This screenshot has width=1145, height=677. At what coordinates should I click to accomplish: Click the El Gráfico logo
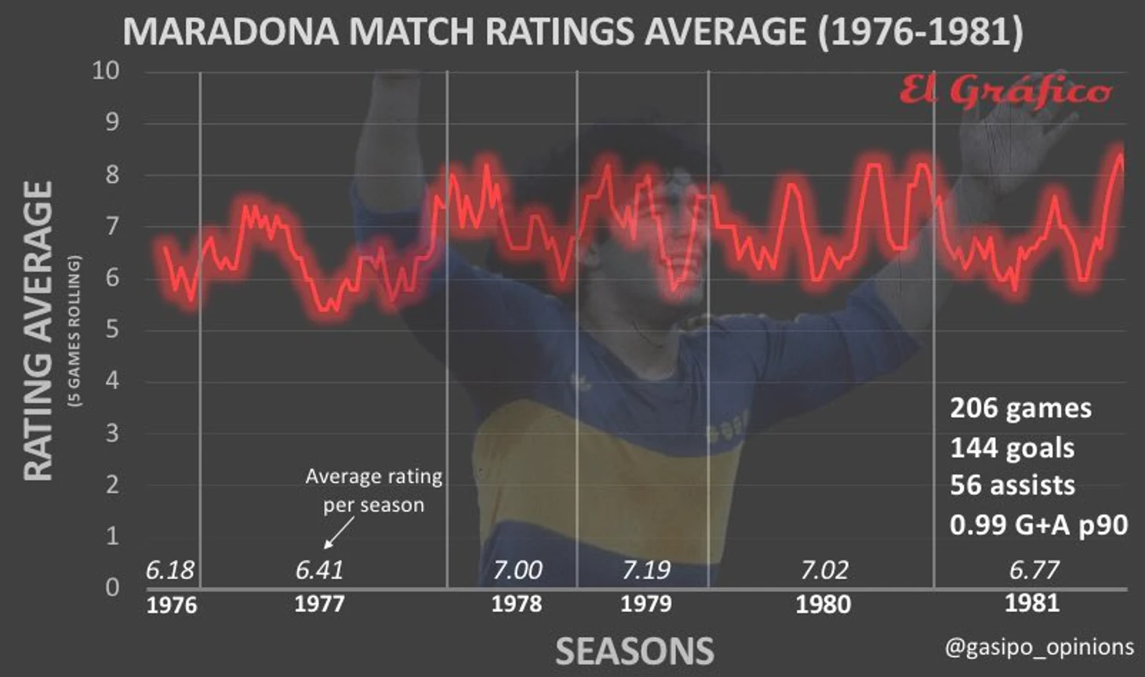coord(1005,93)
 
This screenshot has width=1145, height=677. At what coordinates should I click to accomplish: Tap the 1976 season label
coord(172,605)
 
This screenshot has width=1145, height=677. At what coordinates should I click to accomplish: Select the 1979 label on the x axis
coord(646,604)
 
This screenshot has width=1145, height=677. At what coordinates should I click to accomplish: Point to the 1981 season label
coord(1032,603)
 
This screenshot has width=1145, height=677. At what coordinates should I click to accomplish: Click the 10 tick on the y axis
coord(106,71)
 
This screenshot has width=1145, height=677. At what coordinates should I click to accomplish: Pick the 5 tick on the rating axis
coord(112,329)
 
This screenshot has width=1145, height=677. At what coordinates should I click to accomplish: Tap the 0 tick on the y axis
coord(112,587)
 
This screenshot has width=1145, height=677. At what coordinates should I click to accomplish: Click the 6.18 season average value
coord(170,570)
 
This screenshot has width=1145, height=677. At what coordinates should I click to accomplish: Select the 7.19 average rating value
coord(646,570)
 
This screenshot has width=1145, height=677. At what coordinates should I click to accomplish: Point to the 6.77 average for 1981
coord(1034,570)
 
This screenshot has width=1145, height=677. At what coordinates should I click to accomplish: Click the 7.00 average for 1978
coord(517,570)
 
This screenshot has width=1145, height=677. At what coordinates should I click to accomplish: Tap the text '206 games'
coord(1020,409)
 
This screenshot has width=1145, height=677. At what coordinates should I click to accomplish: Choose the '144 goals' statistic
coord(1012,448)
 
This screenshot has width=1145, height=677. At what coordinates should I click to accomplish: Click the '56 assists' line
coord(1012,486)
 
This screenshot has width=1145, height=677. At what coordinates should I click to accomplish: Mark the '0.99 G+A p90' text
coord(1038,525)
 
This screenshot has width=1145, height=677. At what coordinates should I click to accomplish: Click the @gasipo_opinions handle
coord(1039,647)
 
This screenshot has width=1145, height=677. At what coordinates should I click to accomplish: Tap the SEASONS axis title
coord(634,652)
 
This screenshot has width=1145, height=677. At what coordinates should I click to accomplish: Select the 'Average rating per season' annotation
coord(373,490)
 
